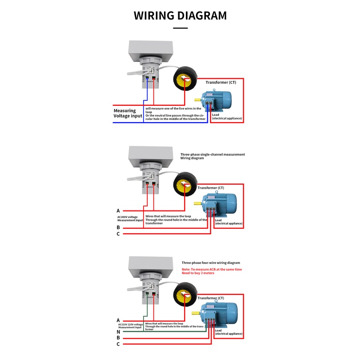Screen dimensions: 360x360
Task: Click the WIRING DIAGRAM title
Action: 180,15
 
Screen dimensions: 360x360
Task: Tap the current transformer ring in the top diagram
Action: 184,79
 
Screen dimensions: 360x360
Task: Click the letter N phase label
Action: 118,332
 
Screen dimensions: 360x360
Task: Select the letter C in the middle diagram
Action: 118,234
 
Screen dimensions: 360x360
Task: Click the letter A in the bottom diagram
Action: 118,320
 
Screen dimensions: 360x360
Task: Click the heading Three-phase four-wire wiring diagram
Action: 211,263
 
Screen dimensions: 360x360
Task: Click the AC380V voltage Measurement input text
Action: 130,218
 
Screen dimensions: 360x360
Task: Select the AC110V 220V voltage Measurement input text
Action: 130,325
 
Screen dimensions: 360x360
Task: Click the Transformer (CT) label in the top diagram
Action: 221,82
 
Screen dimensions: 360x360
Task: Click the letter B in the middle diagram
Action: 118,227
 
